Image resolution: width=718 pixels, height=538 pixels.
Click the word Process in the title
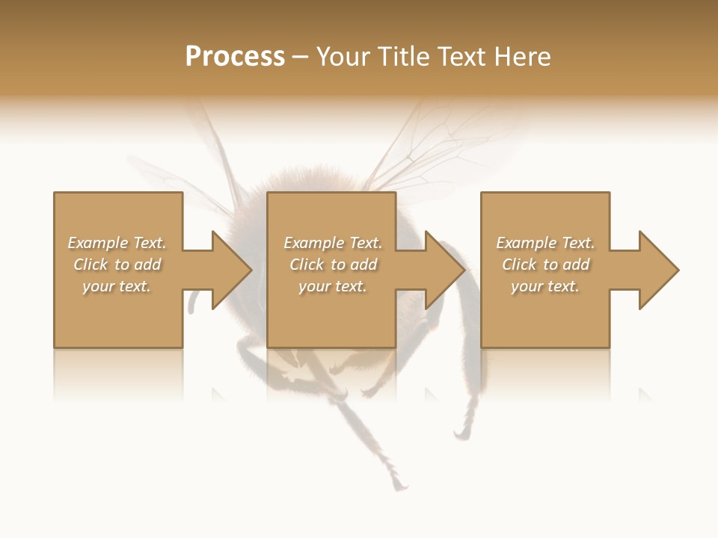pos(235,57)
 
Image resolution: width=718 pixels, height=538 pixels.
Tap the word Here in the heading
pos(521,57)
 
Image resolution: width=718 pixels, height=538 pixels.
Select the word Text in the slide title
pos(461,57)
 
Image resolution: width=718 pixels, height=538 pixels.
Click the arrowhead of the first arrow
pos(232,270)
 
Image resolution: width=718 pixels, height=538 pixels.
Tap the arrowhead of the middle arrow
pos(446,270)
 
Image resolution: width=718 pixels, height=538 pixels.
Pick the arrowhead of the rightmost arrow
pos(659,270)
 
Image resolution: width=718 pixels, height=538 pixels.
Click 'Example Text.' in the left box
pos(117,243)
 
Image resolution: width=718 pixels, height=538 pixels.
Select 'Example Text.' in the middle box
pos(333,243)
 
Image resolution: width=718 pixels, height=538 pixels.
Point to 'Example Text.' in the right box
pos(545,243)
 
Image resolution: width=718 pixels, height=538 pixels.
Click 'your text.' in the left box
pos(117,286)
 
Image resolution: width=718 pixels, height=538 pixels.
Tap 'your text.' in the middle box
pos(333,286)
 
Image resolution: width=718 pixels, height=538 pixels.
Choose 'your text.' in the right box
pos(545,286)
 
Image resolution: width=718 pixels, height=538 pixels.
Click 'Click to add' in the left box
pos(117,265)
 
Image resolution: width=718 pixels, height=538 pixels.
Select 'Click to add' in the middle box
pos(333,265)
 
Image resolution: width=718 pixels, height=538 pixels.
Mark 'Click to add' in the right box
pos(545,265)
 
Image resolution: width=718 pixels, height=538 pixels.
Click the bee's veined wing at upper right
pos(441,142)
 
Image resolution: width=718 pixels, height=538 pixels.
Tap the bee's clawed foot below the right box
pos(461,432)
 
